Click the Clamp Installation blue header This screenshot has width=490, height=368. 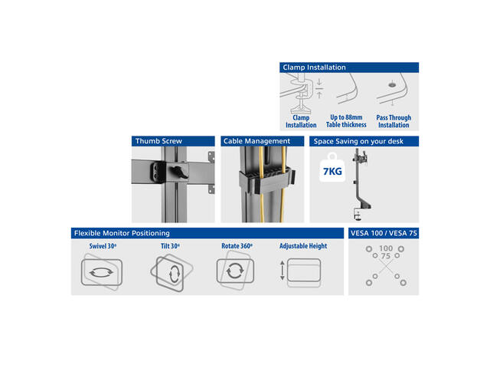[x=349, y=67]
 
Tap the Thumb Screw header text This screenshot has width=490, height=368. [x=158, y=141]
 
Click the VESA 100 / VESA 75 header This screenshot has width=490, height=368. [x=384, y=233]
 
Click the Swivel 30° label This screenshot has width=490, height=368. [x=103, y=246]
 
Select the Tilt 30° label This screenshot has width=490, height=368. [x=170, y=246]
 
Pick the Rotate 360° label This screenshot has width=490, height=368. [x=237, y=246]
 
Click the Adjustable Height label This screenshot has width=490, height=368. [x=303, y=246]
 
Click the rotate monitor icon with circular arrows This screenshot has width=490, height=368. [x=235, y=271]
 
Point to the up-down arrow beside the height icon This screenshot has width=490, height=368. [x=283, y=271]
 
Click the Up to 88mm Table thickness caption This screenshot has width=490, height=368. [x=346, y=121]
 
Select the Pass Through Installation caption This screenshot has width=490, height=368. [x=394, y=121]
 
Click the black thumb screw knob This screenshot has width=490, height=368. [x=178, y=172]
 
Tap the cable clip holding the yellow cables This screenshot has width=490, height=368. [x=267, y=181]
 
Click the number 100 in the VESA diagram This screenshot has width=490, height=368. [x=386, y=248]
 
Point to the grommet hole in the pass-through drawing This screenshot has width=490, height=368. [x=391, y=85]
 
